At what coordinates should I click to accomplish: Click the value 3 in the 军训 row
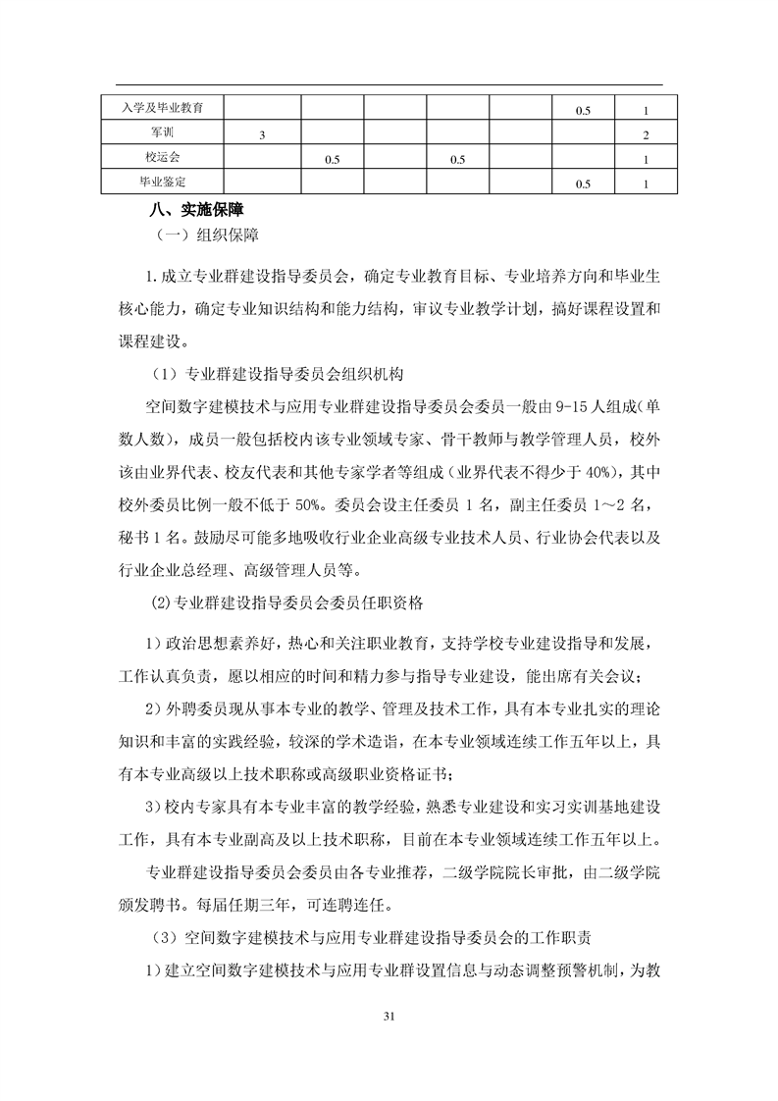(x=263, y=133)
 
